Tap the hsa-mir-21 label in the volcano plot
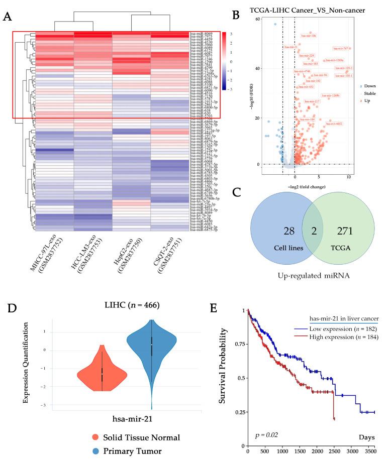click(291, 47)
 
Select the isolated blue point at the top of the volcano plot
click(275, 24)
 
